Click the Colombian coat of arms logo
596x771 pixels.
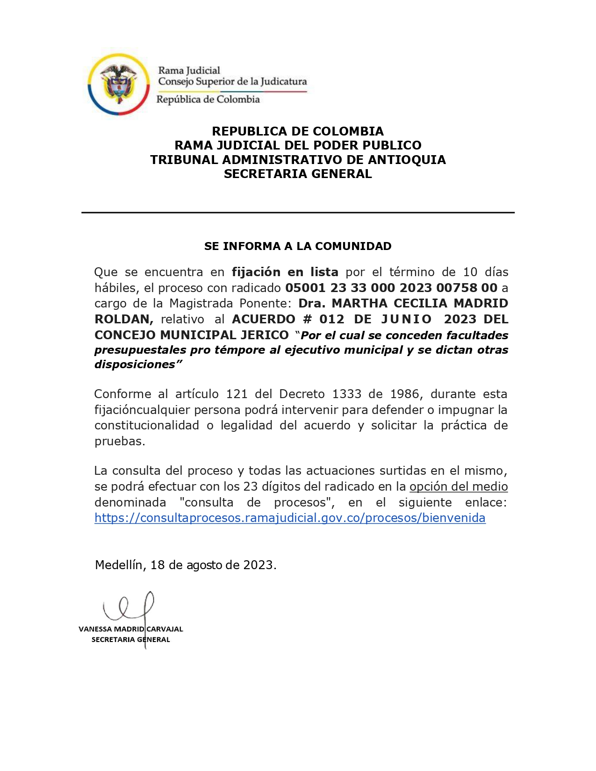click(x=119, y=84)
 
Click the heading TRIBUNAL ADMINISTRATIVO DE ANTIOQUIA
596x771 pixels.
click(x=298, y=160)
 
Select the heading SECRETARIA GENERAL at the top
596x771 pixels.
click(x=298, y=174)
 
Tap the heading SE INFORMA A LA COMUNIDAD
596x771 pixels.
click(x=298, y=246)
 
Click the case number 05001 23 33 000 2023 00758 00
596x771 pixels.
click(x=391, y=288)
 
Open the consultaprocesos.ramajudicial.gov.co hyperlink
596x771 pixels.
click(x=290, y=518)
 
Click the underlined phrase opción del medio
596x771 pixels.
click(x=459, y=487)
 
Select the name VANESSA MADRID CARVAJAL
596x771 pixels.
click(x=131, y=629)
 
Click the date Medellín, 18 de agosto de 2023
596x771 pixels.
click(x=186, y=565)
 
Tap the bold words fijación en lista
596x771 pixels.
click(x=285, y=272)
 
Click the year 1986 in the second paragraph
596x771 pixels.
click(x=405, y=394)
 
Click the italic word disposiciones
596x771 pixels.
click(x=135, y=365)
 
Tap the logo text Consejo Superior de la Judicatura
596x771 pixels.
click(x=232, y=82)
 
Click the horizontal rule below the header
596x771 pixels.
click(x=298, y=213)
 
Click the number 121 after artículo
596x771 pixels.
click(x=237, y=394)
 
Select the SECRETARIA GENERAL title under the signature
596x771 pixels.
click(x=131, y=640)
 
